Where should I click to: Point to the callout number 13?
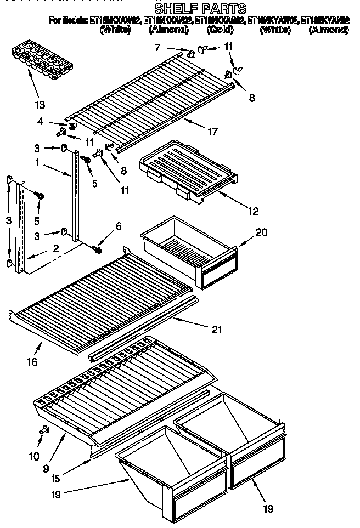click(39, 104)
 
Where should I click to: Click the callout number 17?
click(212, 132)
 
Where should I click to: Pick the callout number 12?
click(252, 211)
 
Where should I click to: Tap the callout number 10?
click(33, 456)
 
